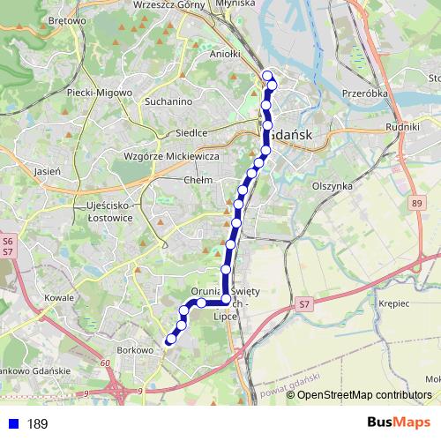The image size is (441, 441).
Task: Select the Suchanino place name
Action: (168, 101)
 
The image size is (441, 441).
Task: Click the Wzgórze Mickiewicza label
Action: (172, 156)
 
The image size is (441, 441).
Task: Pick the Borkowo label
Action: (135, 350)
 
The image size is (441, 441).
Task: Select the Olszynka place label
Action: (333, 186)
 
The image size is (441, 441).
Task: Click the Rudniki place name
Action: (402, 126)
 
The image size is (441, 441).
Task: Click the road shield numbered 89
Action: (415, 204)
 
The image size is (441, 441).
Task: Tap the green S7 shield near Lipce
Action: (304, 304)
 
